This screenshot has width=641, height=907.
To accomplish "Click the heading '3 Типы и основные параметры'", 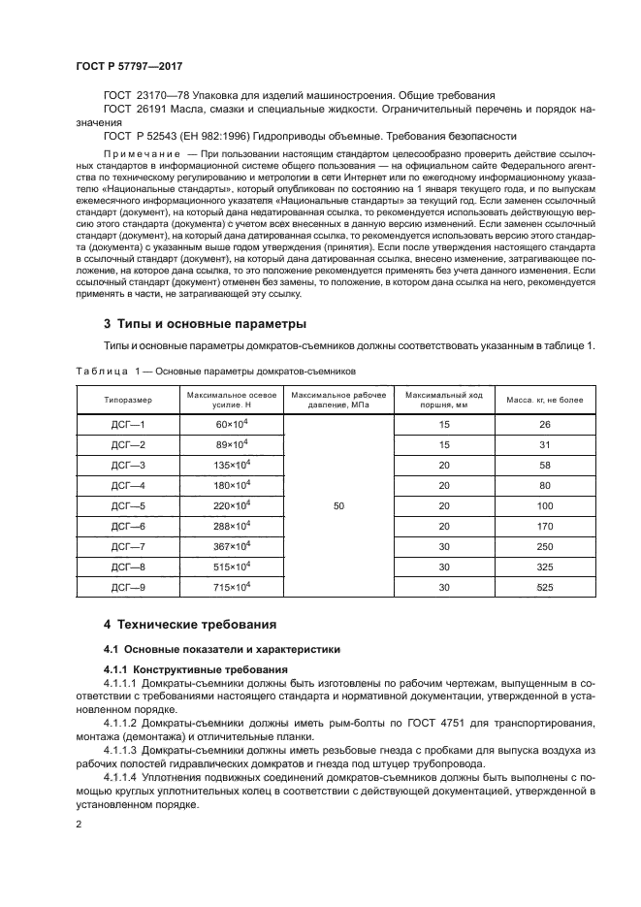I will point(206,322).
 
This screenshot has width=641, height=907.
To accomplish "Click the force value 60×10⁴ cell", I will point(232,425).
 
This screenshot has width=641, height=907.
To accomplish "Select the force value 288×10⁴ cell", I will point(232,526).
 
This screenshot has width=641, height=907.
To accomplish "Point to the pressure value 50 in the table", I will point(337,505).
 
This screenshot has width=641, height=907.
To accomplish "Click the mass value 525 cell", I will point(544,587).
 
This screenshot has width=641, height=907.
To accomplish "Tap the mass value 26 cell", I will point(544,425).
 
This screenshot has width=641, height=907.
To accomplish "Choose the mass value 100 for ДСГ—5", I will point(544,505).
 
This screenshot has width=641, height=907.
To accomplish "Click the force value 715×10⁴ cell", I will point(232,587).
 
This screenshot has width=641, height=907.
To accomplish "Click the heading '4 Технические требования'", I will point(190,624).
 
